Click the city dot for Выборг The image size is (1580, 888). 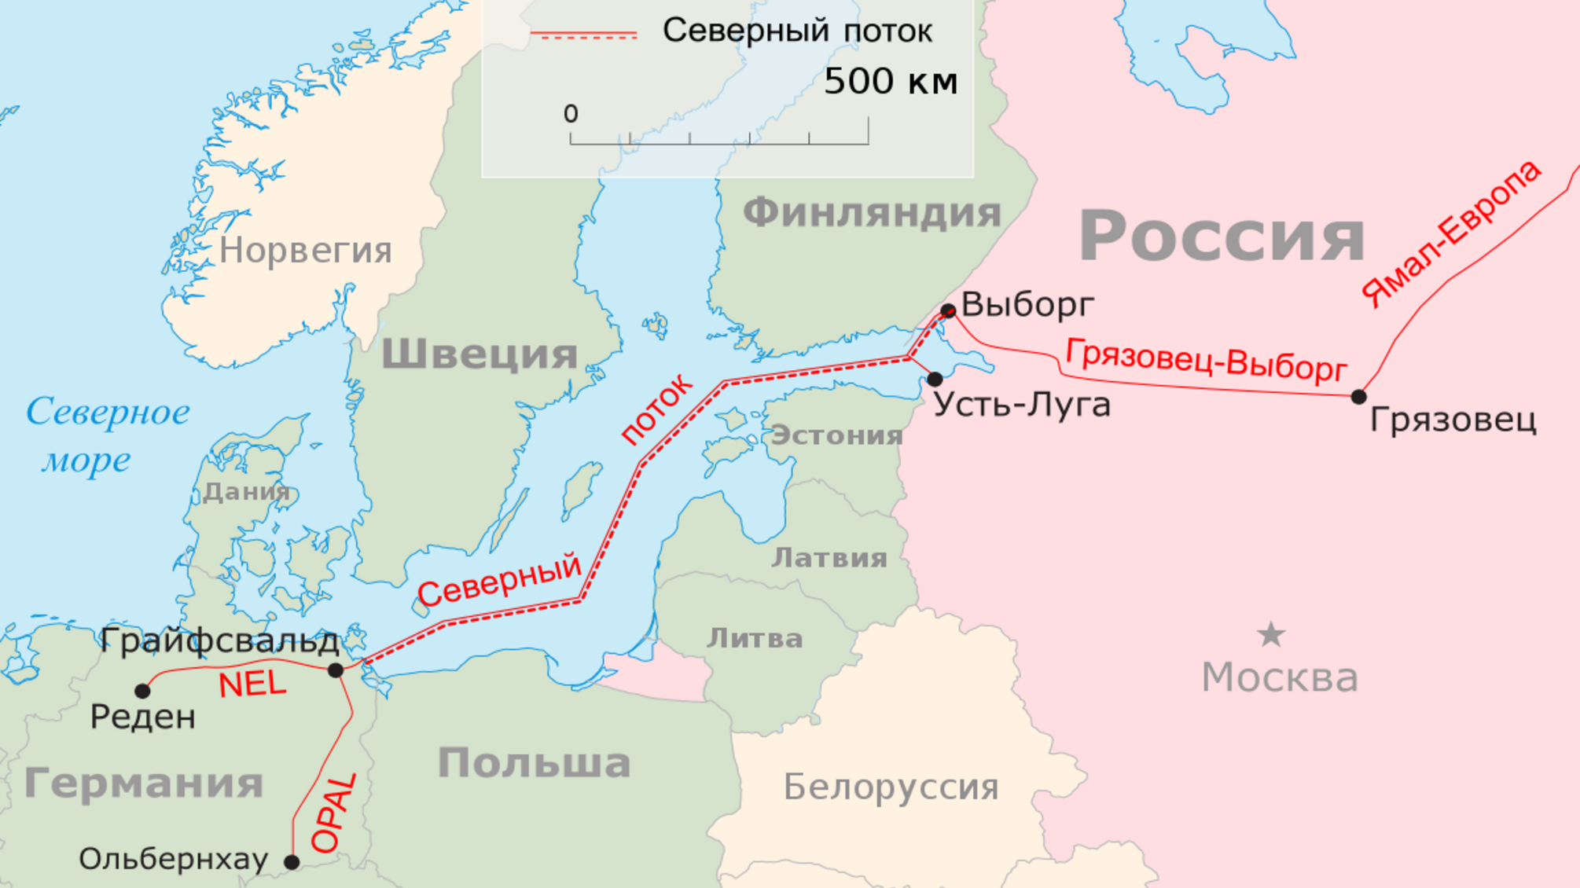tap(948, 311)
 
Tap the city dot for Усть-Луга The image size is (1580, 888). tap(935, 380)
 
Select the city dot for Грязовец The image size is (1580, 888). tap(1358, 397)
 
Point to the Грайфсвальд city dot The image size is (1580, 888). tap(336, 670)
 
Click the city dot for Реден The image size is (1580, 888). tap(142, 692)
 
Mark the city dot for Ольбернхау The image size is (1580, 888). tap(292, 862)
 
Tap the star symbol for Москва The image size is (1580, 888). tap(1271, 635)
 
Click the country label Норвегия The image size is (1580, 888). tap(305, 251)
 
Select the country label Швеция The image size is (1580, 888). tap(480, 354)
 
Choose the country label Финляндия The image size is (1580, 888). tap(872, 213)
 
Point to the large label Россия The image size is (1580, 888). tap(1222, 236)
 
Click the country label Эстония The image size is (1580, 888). tap(836, 435)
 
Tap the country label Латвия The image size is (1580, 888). tap(829, 558)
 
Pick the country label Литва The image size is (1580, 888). tap(755, 639)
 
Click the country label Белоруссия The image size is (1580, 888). tap(891, 787)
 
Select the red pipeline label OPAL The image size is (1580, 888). tap(335, 814)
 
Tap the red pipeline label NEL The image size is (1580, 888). tap(252, 684)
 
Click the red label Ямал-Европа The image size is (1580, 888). tap(1451, 233)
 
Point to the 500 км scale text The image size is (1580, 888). tap(891, 82)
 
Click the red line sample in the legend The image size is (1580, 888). tap(583, 35)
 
